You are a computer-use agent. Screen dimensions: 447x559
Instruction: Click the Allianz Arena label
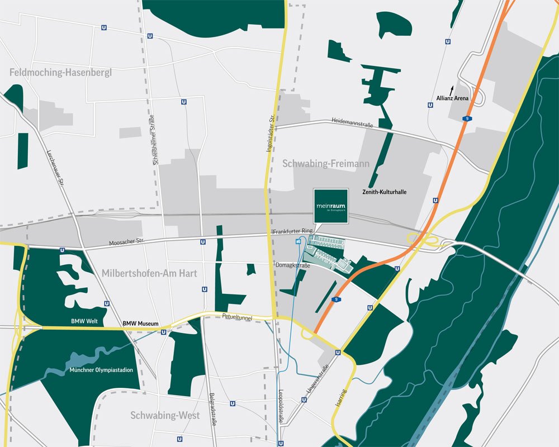[452, 98]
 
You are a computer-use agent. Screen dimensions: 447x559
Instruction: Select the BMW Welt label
[84, 321]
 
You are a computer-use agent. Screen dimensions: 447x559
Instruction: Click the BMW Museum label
[141, 324]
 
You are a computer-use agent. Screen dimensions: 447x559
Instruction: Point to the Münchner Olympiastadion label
[96, 370]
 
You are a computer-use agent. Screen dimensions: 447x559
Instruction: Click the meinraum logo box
[331, 206]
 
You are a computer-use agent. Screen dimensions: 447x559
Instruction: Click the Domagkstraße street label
[292, 265]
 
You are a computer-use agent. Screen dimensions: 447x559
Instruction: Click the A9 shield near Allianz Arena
[466, 118]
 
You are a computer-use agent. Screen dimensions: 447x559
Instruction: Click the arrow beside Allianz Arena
[452, 89]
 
